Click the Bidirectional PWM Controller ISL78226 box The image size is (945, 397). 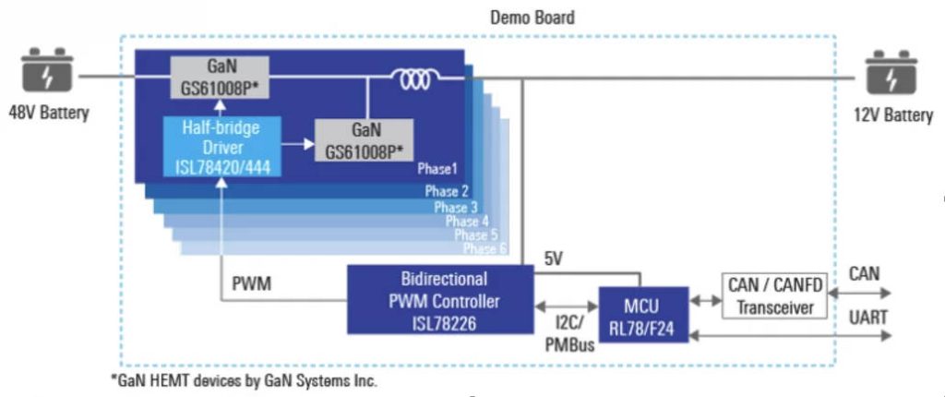pyautogui.click(x=439, y=299)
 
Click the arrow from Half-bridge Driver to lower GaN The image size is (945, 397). pyautogui.click(x=293, y=143)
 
